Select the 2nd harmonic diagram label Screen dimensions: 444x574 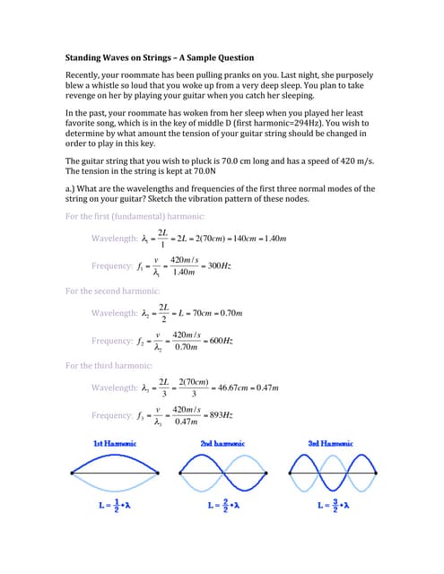[223, 444]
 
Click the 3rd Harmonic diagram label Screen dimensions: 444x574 [330, 444]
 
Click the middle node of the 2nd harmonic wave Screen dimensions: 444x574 [223, 473]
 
